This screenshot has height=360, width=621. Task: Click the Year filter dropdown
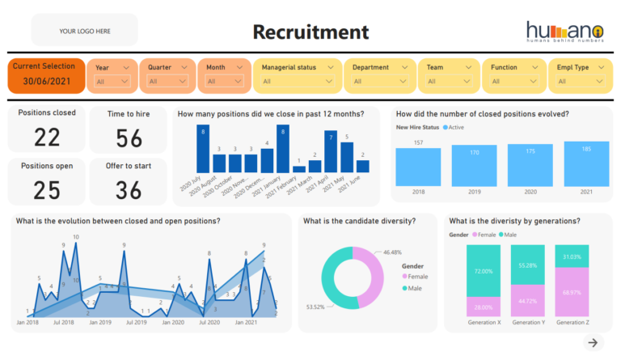click(112, 81)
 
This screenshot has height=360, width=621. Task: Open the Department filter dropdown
click(378, 81)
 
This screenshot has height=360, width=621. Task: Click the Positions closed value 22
click(47, 137)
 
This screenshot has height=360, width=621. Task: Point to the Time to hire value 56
click(128, 138)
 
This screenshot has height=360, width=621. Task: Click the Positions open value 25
click(47, 189)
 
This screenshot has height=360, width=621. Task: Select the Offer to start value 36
click(128, 189)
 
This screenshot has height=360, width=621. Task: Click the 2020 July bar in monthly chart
click(203, 149)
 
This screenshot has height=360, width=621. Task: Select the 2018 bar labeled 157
click(418, 167)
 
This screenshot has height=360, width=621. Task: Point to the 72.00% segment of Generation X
click(484, 271)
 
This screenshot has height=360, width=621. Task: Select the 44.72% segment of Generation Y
click(529, 300)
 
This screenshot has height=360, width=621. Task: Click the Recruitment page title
click(310, 32)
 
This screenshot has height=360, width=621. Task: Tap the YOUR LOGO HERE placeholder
click(84, 32)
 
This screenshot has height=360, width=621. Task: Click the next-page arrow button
click(594, 343)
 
